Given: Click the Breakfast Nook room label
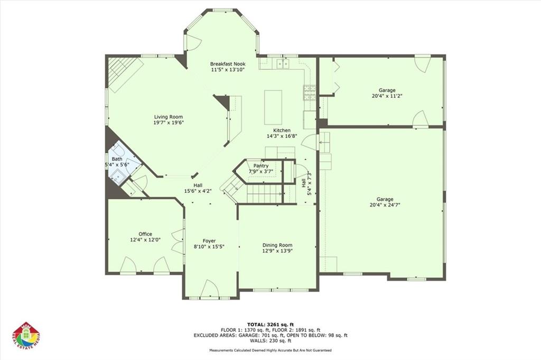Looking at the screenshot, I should click(x=227, y=63).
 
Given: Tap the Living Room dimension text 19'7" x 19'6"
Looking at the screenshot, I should click(x=169, y=123).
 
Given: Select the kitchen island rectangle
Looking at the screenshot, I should click(x=273, y=107).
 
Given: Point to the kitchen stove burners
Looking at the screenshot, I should click(x=309, y=93).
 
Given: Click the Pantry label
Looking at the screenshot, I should click(x=261, y=166).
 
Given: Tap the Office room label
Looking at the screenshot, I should click(x=145, y=234).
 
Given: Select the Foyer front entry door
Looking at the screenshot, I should click(x=210, y=289).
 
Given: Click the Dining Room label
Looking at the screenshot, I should click(x=277, y=245).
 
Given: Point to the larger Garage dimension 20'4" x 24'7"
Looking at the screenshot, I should click(x=385, y=205).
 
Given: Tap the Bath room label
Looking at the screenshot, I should click(x=117, y=159).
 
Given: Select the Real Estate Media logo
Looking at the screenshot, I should click(x=26, y=336).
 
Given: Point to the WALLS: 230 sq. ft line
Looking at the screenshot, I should click(x=270, y=341).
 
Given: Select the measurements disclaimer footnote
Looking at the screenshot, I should click(x=270, y=350).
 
